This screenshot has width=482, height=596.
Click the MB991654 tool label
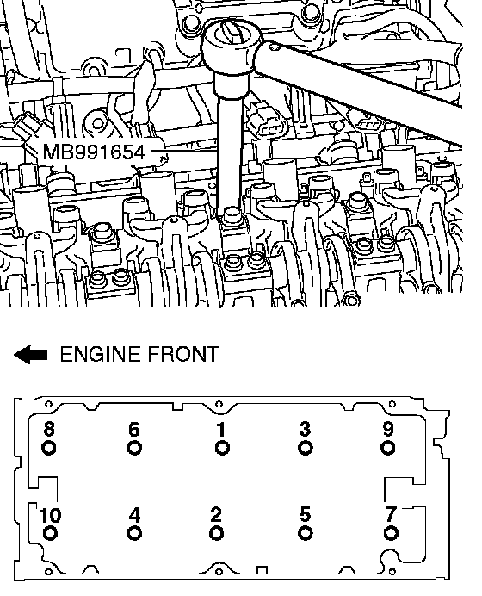pos(94,152)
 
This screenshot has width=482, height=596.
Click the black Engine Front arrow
pos(31,355)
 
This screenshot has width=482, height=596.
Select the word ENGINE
pos(101,354)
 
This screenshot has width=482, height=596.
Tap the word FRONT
pos(183,354)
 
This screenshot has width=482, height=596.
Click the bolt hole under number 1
pos(222,448)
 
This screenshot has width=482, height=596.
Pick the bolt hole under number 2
pos(216,533)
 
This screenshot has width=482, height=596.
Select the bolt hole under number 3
pos(305,448)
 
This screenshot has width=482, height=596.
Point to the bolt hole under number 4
pos(134,533)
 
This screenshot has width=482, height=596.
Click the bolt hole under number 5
pos(305,533)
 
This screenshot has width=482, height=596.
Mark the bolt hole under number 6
pos(134,448)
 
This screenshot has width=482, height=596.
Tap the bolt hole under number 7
pos(391,533)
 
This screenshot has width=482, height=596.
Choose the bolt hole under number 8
pos(48,448)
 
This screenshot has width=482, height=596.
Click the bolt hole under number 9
pos(387,448)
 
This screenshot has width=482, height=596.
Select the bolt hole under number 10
pos(50,533)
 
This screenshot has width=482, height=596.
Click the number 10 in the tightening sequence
pos(50,515)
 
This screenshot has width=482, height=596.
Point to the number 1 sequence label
pos(221,430)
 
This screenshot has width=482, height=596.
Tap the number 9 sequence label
pos(388,430)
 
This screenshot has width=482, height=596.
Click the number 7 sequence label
pos(391,515)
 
